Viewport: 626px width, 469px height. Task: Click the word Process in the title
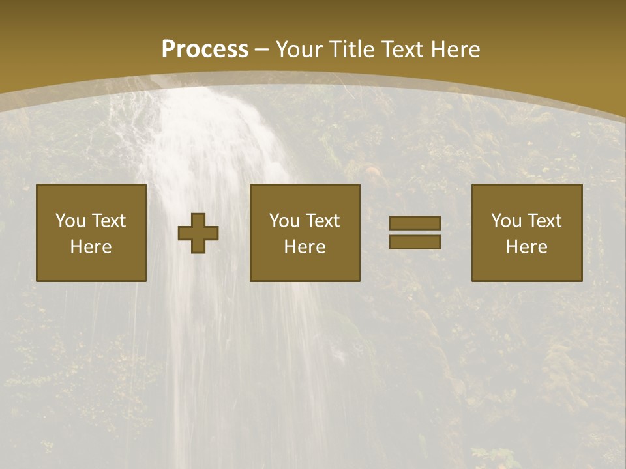point(205,50)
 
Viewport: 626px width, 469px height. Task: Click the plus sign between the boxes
point(198,233)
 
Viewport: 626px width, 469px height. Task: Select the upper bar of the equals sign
point(415,223)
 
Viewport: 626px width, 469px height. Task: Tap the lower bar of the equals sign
point(415,242)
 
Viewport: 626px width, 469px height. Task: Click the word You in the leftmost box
point(70,221)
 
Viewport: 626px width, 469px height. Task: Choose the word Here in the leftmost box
point(91,247)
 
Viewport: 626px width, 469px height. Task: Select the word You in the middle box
point(284,221)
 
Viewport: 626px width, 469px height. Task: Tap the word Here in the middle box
point(305,247)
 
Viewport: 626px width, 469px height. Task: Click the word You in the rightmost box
point(506,221)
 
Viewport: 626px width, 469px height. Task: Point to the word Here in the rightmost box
point(526,247)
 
